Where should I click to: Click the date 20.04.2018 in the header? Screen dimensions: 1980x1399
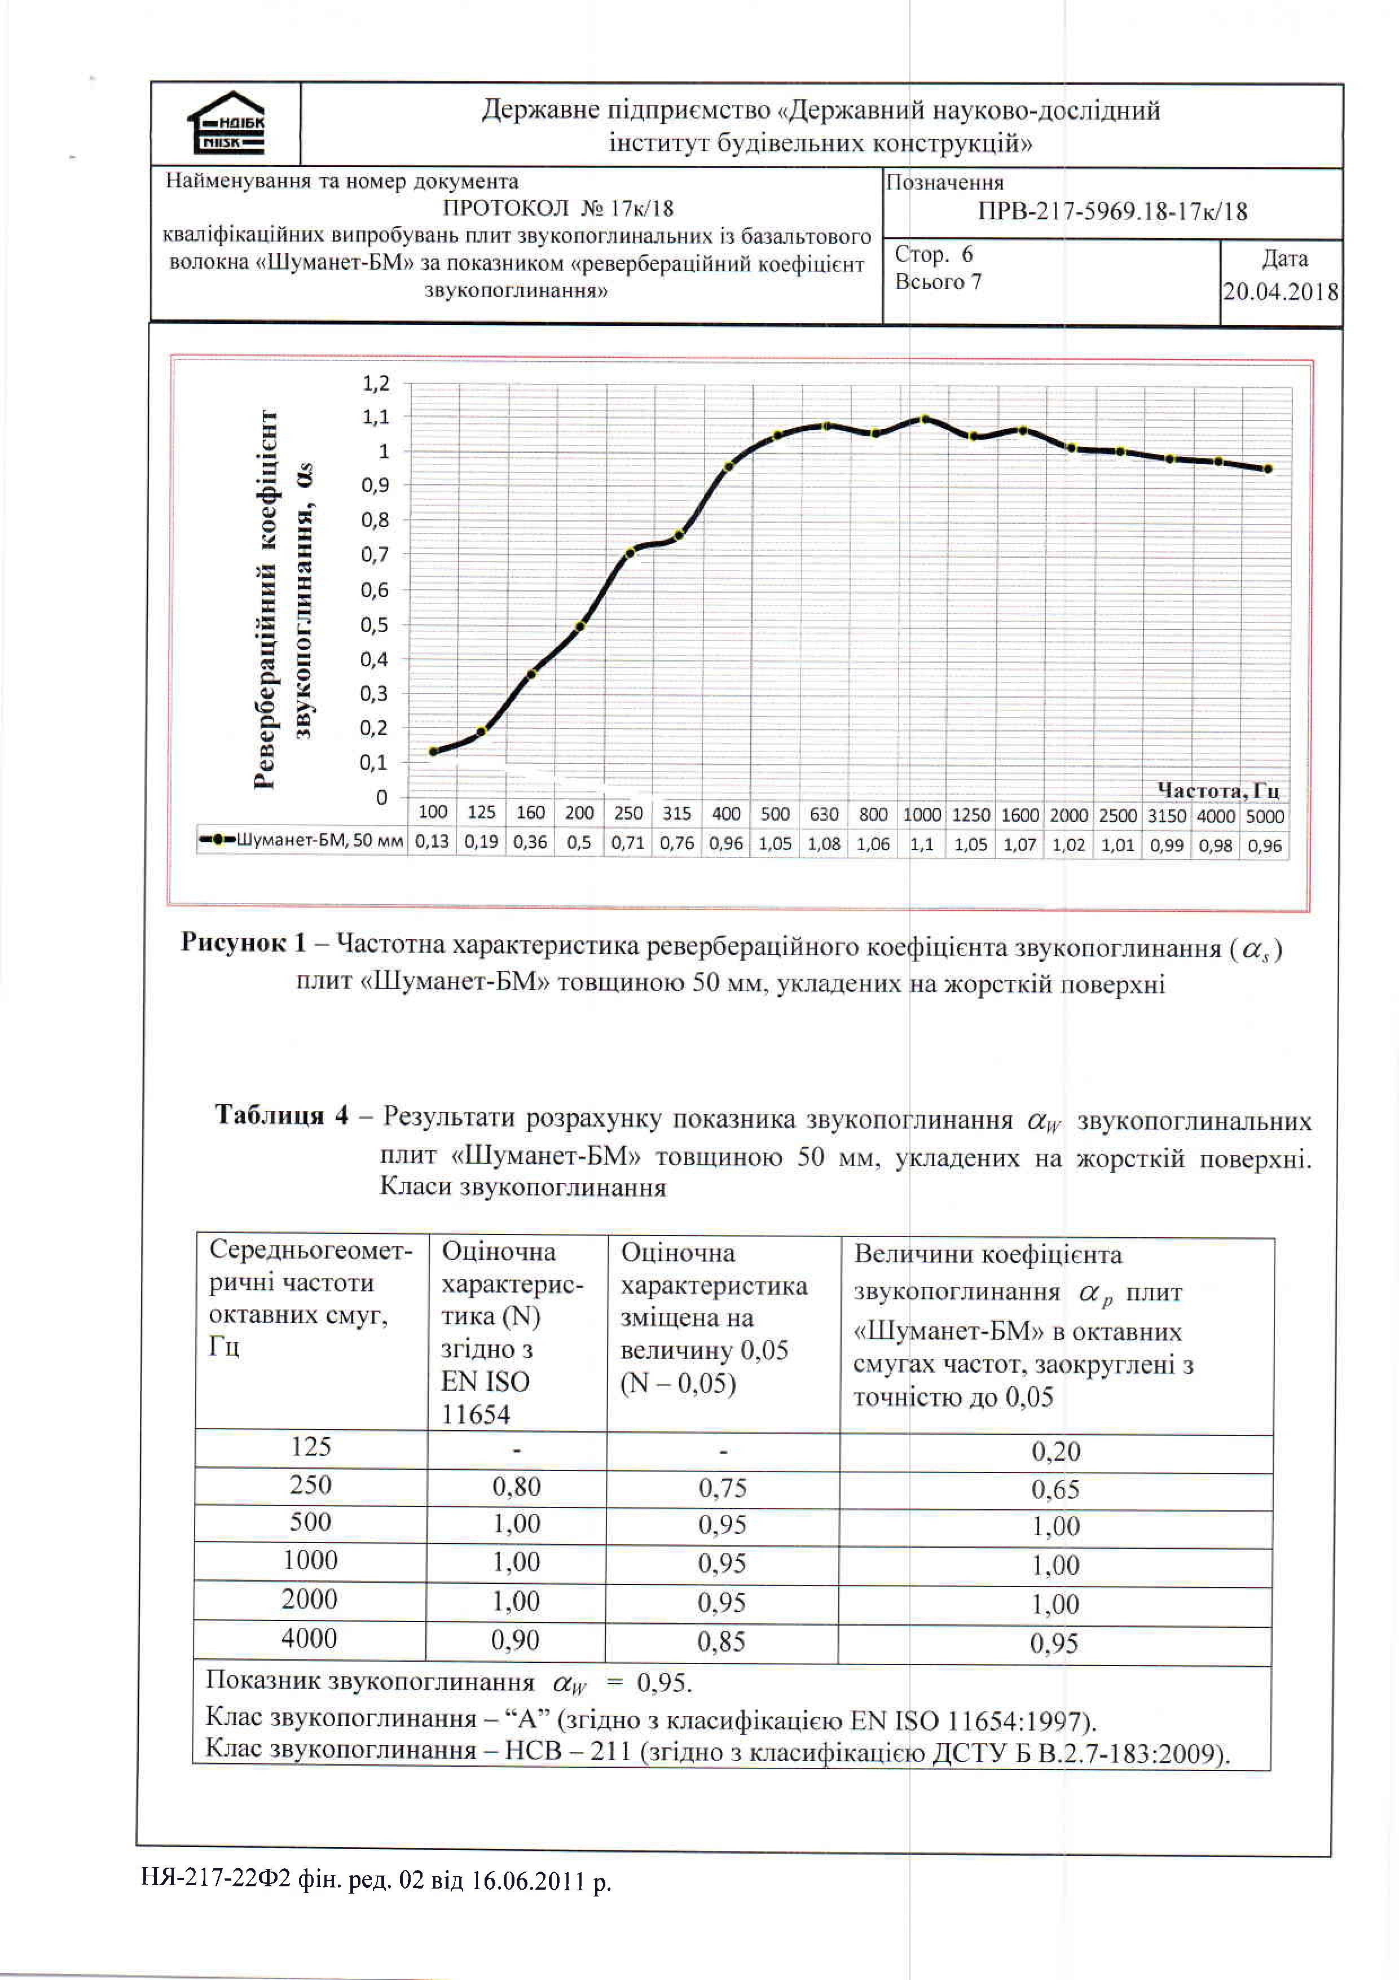click(1281, 291)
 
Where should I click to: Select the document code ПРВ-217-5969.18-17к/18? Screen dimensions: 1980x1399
click(1112, 211)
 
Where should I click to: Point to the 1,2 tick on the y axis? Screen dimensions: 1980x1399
click(376, 383)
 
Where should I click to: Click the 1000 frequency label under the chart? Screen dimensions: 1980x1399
click(921, 814)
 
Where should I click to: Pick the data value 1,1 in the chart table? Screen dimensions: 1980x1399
click(921, 844)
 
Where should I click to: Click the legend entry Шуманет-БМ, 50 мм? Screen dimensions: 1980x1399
click(302, 840)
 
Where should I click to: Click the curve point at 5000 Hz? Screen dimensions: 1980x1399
click(1267, 469)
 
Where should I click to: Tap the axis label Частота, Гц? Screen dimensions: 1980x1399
click(1217, 790)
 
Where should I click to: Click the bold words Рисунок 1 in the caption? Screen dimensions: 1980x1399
click(243, 943)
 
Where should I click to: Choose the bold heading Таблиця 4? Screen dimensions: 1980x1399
click(282, 1115)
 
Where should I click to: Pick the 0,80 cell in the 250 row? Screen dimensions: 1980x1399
click(516, 1486)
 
